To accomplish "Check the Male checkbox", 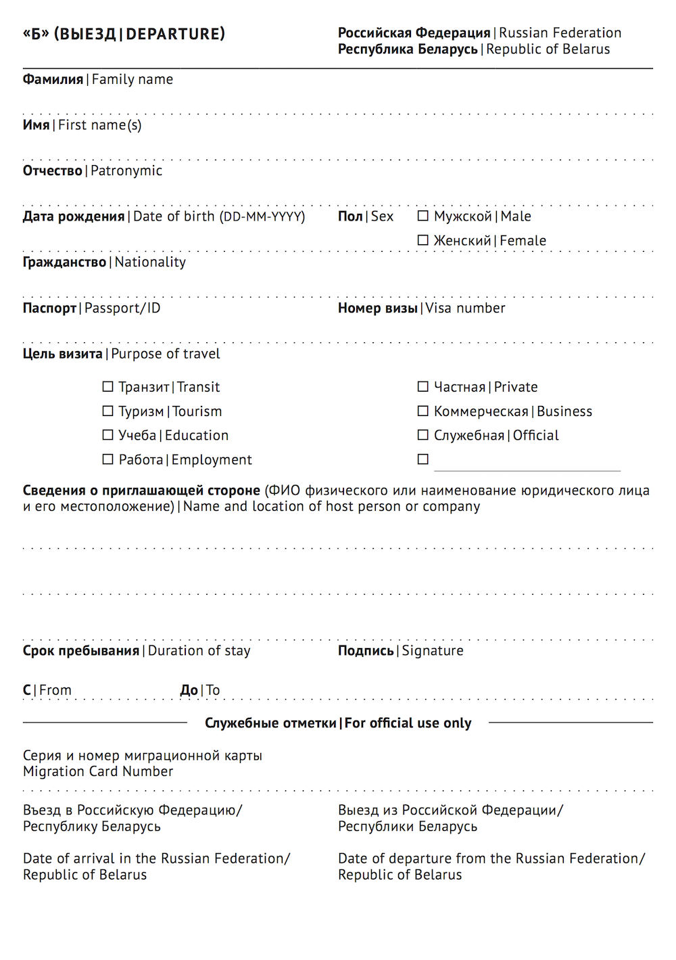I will [423, 216].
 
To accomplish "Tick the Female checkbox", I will [423, 240].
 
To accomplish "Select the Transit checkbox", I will [107, 387].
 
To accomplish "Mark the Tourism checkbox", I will [107, 411].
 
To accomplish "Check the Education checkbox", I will [107, 435].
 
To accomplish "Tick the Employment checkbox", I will [107, 459].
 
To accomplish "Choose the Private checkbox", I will [423, 387].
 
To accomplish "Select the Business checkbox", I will [423, 411].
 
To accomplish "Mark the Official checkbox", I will [423, 435].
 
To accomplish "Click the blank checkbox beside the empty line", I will [423, 459].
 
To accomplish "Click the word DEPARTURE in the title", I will [175, 34].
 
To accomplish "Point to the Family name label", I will [132, 80].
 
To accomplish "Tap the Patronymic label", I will [126, 171].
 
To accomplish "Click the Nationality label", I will [150, 262].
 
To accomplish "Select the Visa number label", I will [465, 308].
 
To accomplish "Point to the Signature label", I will [433, 651].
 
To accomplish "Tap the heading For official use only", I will [408, 723].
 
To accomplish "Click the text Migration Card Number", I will [98, 772].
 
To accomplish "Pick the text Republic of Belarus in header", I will [548, 49].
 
